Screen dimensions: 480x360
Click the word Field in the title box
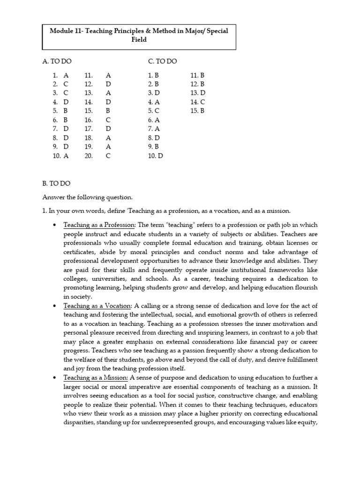click(x=139, y=40)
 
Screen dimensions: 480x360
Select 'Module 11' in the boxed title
click(x=66, y=31)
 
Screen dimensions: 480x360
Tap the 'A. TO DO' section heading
click(x=57, y=61)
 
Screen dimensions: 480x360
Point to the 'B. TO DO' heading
click(x=56, y=184)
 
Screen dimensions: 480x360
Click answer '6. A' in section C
click(x=154, y=120)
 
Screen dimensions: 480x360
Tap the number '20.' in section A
click(x=89, y=156)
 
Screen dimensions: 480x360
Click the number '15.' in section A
click(x=89, y=111)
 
